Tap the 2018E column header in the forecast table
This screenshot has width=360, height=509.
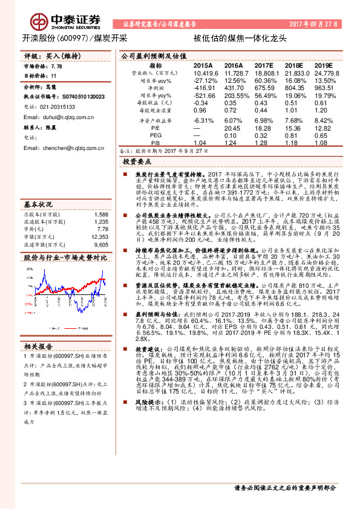pos(293,65)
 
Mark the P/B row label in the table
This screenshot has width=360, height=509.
pos(156,143)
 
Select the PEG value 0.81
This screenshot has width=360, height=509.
pos(293,136)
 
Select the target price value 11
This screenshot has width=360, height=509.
pos(54,76)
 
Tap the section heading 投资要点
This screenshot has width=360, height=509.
pos(136,162)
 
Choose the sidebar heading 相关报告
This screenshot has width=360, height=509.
pos(39,346)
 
